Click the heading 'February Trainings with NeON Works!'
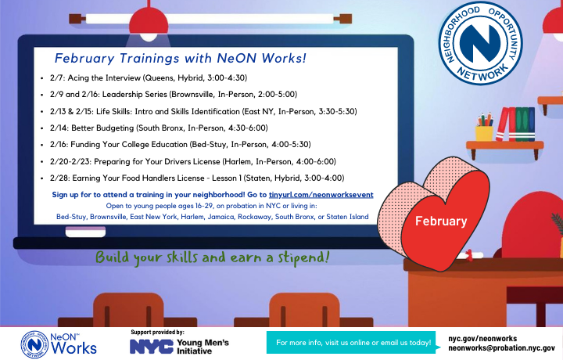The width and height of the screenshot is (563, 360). click(180, 59)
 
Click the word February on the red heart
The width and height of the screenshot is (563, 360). click(440, 221)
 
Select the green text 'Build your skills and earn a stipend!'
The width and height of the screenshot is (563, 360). click(212, 257)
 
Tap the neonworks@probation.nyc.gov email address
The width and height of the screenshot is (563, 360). click(501, 348)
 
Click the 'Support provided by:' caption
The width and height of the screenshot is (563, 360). click(158, 333)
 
